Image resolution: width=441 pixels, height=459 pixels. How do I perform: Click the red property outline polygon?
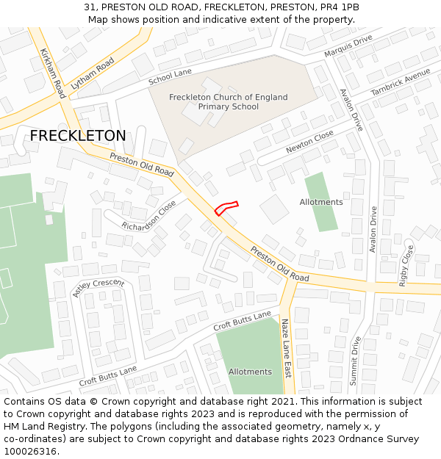click(x=226, y=208)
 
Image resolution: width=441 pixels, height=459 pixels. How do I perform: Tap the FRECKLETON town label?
click(x=78, y=136)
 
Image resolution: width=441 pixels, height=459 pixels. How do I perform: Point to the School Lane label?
click(x=170, y=76)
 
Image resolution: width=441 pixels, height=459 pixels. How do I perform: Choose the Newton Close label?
click(x=309, y=142)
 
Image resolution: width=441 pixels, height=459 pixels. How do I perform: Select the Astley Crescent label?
click(x=98, y=288)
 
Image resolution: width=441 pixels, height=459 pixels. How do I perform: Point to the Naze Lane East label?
click(x=287, y=347)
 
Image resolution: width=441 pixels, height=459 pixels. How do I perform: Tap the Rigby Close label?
click(x=406, y=266)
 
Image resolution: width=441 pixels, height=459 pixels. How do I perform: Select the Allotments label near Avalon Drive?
click(x=321, y=202)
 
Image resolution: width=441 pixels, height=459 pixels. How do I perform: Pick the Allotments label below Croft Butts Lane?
click(x=250, y=372)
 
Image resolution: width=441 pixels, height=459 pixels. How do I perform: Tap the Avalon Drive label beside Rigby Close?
click(x=373, y=229)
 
